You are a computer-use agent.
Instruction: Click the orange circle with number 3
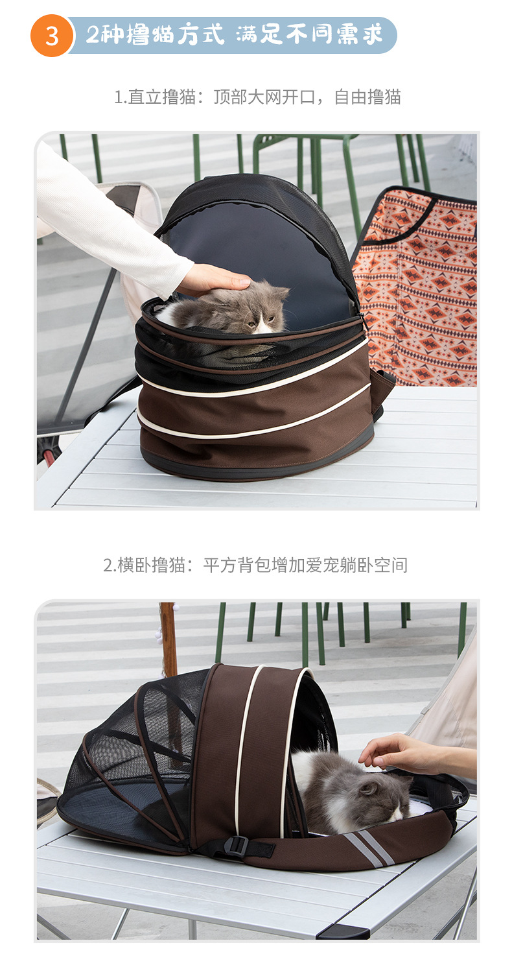[x=52, y=36]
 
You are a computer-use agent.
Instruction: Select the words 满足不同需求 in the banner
[x=309, y=34]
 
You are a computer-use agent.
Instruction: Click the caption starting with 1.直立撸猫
[x=257, y=97]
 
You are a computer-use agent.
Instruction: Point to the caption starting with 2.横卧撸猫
[x=255, y=565]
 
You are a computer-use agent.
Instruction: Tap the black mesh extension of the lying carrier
[x=132, y=762]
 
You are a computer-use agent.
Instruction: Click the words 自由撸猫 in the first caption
[x=367, y=97]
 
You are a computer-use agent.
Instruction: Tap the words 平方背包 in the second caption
[x=237, y=565]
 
